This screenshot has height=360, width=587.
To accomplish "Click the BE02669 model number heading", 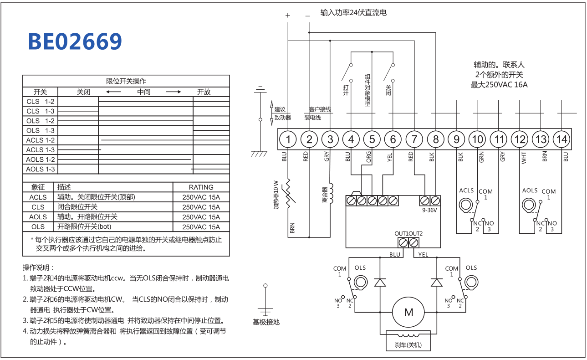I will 75,41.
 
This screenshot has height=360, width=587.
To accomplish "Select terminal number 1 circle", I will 288,139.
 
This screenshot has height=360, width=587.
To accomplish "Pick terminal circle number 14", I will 561,139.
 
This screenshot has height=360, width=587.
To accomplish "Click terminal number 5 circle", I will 372,139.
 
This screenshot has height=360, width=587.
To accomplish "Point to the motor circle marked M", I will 408,312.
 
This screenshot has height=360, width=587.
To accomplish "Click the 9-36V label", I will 429,211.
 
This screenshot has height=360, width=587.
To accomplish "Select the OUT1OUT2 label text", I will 408,234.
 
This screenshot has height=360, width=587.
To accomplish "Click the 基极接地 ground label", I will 266,322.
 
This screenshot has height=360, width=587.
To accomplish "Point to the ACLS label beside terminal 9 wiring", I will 466,190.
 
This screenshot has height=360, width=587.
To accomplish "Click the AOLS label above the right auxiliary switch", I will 530,190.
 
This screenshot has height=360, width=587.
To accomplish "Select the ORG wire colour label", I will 369,157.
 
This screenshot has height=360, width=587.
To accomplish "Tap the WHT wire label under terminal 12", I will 524,158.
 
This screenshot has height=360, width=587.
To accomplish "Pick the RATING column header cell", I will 201,187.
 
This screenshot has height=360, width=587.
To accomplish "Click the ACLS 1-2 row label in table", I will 40,140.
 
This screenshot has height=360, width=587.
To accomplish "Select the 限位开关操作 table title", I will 126,81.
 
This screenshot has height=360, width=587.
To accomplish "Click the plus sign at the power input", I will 288,15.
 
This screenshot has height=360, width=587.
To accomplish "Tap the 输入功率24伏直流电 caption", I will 353,13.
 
